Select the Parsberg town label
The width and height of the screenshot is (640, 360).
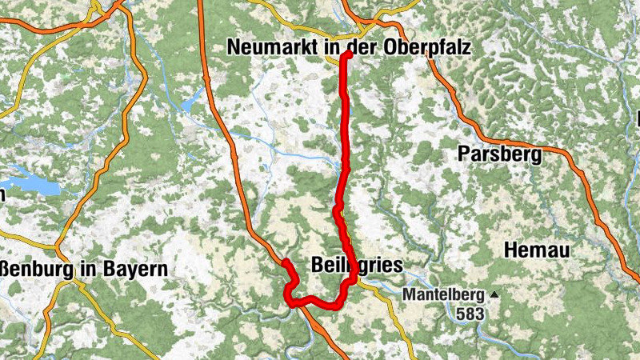(x=501, y=154)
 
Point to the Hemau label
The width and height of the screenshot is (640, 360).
(x=537, y=250)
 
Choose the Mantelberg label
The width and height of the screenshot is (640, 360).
(x=444, y=295)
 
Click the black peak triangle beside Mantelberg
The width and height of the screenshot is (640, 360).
(x=494, y=294)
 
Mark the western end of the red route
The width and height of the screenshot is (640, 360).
(x=285, y=262)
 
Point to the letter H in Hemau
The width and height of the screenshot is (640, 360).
(x=511, y=250)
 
